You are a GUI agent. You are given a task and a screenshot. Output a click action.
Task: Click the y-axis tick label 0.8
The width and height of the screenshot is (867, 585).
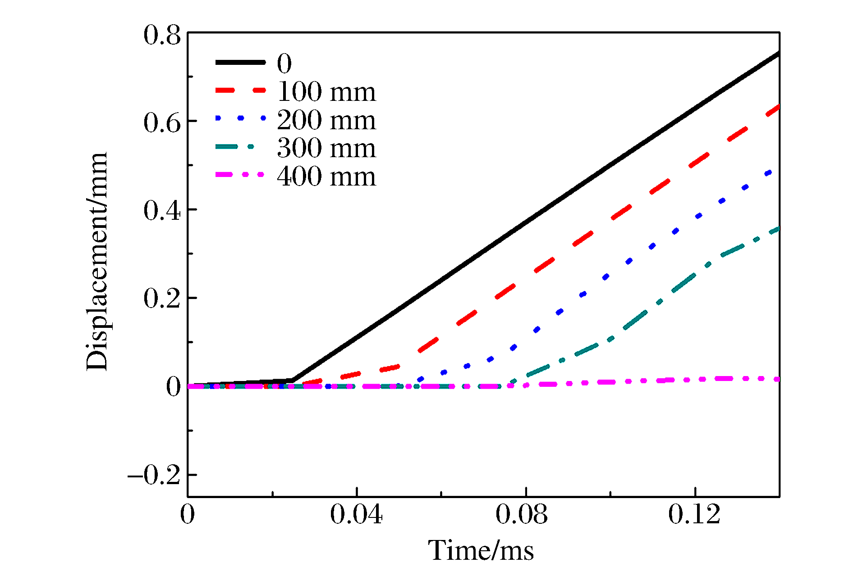click(x=162, y=35)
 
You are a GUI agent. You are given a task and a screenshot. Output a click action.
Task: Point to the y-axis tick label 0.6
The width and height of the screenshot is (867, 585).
click(x=162, y=122)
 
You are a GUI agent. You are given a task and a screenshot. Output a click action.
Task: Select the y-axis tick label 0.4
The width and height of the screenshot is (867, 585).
click(x=162, y=211)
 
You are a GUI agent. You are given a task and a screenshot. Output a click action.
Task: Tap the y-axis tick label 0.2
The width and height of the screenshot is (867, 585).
click(x=162, y=299)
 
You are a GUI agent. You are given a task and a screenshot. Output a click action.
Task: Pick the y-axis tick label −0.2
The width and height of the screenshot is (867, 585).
click(x=154, y=476)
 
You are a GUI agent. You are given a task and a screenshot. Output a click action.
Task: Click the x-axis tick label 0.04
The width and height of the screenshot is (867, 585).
click(x=356, y=514)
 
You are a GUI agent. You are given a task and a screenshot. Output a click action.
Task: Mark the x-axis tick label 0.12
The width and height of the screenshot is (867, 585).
click(x=694, y=514)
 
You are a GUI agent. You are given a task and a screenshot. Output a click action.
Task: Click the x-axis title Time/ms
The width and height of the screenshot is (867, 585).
click(x=481, y=550)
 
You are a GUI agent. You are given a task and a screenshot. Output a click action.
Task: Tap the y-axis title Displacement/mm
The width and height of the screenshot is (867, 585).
click(x=97, y=261)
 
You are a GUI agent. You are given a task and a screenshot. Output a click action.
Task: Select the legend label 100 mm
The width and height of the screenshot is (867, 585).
click(x=326, y=92)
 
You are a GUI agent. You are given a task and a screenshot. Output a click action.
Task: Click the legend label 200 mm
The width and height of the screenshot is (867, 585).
click(x=326, y=120)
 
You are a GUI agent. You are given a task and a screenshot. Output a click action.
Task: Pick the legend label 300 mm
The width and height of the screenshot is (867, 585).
click(x=326, y=148)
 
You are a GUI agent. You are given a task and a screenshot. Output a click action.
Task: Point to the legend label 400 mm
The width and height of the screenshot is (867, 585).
click(x=326, y=176)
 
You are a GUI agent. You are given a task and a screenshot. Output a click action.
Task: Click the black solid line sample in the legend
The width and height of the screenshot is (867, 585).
click(x=240, y=63)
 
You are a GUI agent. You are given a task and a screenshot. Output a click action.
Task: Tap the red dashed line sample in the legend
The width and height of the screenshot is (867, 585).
click(x=240, y=91)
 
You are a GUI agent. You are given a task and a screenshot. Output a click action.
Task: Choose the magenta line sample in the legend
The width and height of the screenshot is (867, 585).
click(x=240, y=175)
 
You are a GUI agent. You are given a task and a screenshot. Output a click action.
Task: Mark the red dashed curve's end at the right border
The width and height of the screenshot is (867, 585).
click(x=778, y=107)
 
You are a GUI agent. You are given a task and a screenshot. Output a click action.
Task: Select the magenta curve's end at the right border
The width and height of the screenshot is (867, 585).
click(x=778, y=379)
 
